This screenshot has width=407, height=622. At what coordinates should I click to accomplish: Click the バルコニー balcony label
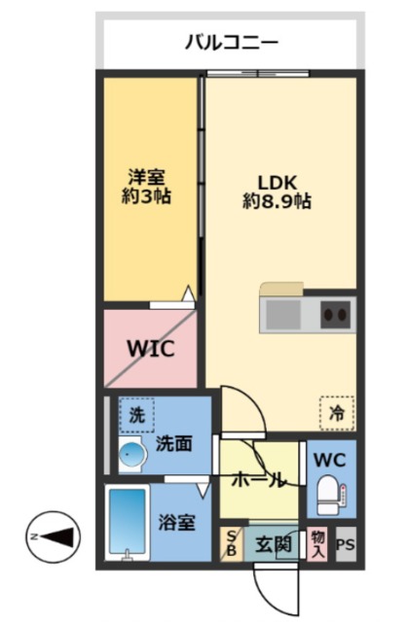232,42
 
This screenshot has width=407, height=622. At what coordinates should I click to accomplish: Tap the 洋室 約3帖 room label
146,187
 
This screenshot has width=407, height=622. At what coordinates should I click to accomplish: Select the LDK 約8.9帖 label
277,192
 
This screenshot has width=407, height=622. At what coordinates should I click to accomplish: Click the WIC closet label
151,348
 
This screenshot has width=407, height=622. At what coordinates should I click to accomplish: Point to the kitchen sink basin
283,315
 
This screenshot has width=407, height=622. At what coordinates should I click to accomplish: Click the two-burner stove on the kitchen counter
336,315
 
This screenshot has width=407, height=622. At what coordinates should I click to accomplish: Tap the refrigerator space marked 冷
337,413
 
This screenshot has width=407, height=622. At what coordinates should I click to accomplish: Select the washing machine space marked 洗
136,415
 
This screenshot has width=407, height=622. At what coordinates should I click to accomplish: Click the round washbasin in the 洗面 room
130,453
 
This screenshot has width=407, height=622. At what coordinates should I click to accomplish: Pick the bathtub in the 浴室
128,522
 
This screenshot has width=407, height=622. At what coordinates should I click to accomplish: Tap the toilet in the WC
331,495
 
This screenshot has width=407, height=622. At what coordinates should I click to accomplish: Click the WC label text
330,460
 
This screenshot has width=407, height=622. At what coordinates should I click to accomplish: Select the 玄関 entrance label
274,544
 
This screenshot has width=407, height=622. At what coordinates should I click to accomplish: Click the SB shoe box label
232,543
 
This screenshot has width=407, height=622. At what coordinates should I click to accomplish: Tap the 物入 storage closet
317,544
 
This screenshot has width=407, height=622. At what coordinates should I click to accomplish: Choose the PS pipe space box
346,544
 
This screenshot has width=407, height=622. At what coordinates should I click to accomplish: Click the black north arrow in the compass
57,537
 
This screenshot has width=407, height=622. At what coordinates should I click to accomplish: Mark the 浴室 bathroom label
177,523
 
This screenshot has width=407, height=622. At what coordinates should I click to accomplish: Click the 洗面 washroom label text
173,443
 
